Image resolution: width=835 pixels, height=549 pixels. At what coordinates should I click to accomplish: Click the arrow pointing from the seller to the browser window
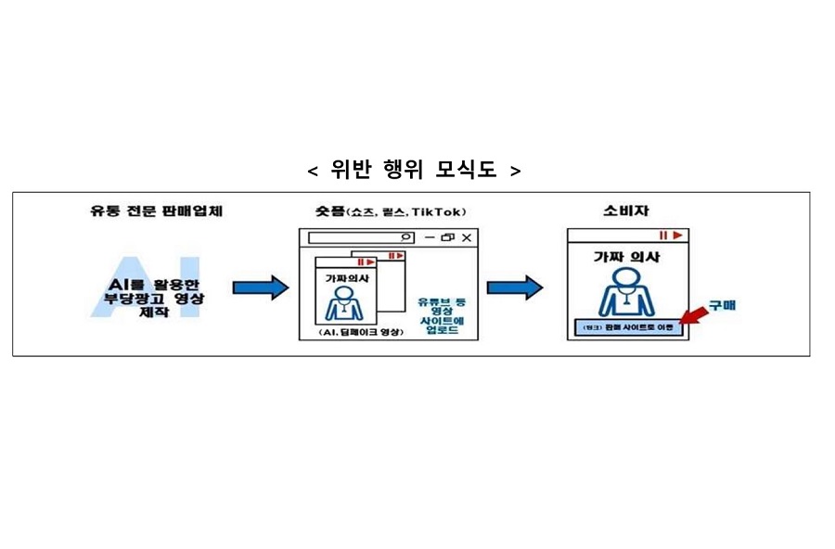(x=260, y=288)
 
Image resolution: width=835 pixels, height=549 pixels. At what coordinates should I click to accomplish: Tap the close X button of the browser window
(x=467, y=238)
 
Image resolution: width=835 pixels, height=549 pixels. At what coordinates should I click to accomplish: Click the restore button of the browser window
(x=447, y=238)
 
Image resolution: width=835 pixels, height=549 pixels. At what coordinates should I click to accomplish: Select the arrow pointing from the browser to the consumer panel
(x=515, y=288)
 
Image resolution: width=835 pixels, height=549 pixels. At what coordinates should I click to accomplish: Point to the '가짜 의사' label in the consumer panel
(x=626, y=257)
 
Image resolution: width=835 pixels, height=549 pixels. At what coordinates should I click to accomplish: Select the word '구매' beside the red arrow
(x=723, y=304)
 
